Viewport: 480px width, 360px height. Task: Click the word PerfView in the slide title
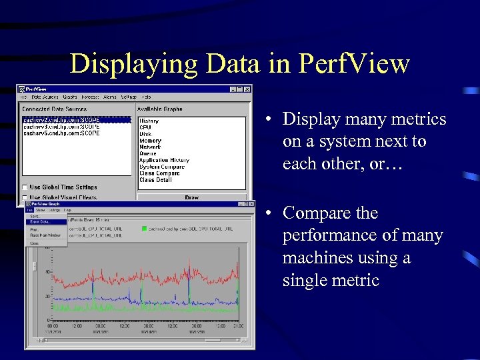pos(354,65)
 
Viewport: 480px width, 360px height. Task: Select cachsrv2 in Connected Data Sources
pos(61,120)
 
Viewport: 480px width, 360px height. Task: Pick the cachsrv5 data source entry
pos(61,133)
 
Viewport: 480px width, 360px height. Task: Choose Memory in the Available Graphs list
pos(150,141)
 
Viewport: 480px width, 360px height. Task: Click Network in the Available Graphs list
pos(150,147)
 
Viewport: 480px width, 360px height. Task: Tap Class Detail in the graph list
pos(155,180)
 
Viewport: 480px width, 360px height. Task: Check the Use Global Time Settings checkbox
pos(25,187)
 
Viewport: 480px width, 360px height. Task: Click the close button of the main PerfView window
pos(247,89)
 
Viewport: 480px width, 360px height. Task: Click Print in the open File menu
pos(35,229)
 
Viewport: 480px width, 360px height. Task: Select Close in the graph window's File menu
pos(34,243)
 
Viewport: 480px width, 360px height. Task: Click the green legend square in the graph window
pos(143,229)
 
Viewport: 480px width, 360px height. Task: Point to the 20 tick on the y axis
pos(47,296)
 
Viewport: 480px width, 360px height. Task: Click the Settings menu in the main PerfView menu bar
pos(129,97)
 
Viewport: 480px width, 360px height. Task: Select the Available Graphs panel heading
pos(159,109)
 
